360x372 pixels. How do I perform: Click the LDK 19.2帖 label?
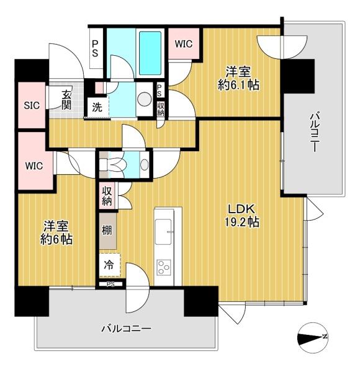click(x=241, y=215)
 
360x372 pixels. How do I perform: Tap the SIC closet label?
click(x=32, y=105)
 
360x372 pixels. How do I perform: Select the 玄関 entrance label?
click(x=66, y=100)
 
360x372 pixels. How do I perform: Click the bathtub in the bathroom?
click(x=150, y=53)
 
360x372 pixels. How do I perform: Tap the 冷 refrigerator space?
click(x=109, y=265)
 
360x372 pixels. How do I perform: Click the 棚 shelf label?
click(x=107, y=230)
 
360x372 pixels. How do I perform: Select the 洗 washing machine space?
click(x=97, y=107)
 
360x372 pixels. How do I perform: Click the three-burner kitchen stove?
click(x=164, y=267)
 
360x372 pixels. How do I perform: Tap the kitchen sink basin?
click(x=163, y=231)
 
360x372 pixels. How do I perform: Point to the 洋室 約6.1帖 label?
click(x=238, y=78)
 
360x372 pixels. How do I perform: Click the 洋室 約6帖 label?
click(x=56, y=232)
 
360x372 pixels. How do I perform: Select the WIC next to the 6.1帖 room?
click(x=184, y=44)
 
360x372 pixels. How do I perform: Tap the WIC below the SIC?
click(x=34, y=166)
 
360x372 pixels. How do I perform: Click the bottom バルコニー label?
click(x=126, y=329)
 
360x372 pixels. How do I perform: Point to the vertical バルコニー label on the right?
click(x=314, y=132)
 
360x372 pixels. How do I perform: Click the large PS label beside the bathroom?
click(x=95, y=48)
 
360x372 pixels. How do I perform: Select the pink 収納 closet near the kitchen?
click(x=107, y=196)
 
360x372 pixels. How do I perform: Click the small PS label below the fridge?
click(x=110, y=284)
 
